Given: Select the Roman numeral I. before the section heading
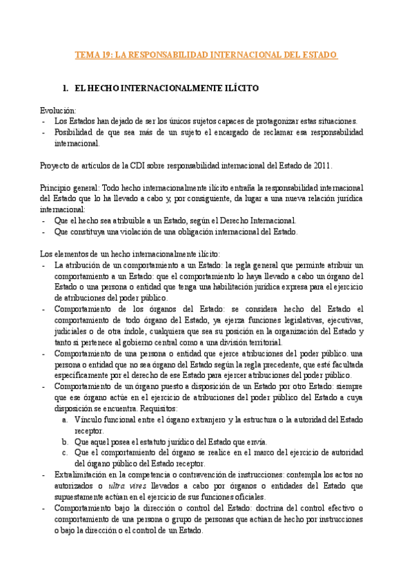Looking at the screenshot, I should click(x=66, y=89).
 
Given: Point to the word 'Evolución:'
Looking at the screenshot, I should click(x=57, y=110).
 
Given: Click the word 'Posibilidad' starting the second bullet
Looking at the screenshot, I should click(x=74, y=132).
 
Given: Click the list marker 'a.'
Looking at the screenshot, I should click(x=65, y=419).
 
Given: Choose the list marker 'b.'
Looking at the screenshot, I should click(x=65, y=442).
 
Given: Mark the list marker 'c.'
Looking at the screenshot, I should click(x=65, y=453).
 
